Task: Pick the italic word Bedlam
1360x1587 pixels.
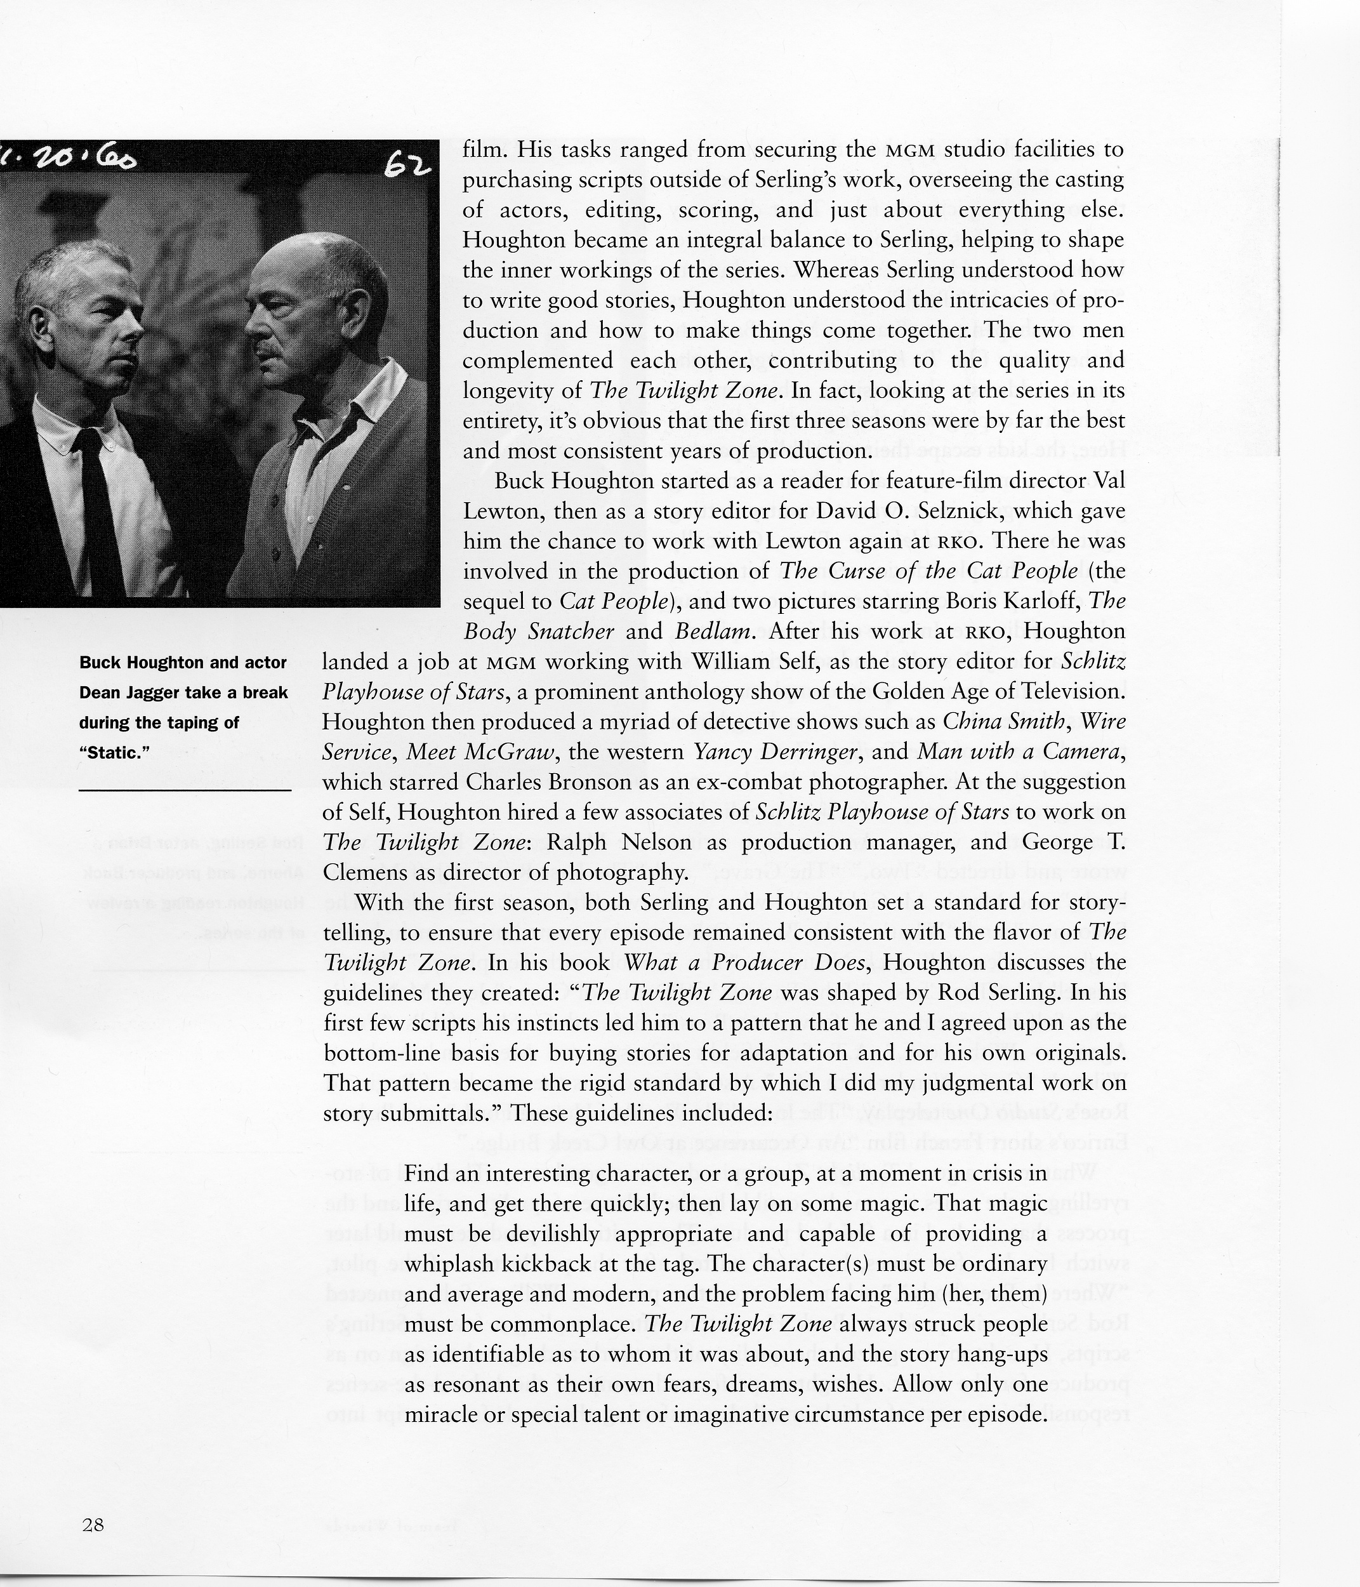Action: (711, 632)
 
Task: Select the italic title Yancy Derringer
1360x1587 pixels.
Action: (775, 752)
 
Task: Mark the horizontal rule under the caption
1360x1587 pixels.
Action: (185, 789)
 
